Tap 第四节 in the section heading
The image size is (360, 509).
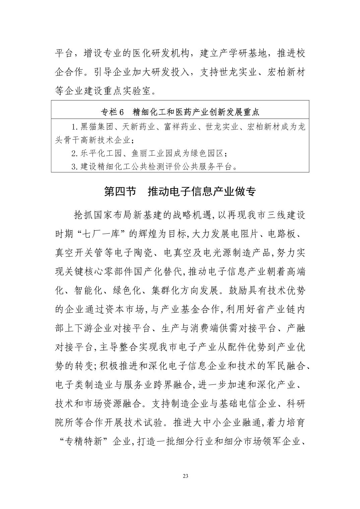pos(120,192)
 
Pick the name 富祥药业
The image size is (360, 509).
pos(181,127)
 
